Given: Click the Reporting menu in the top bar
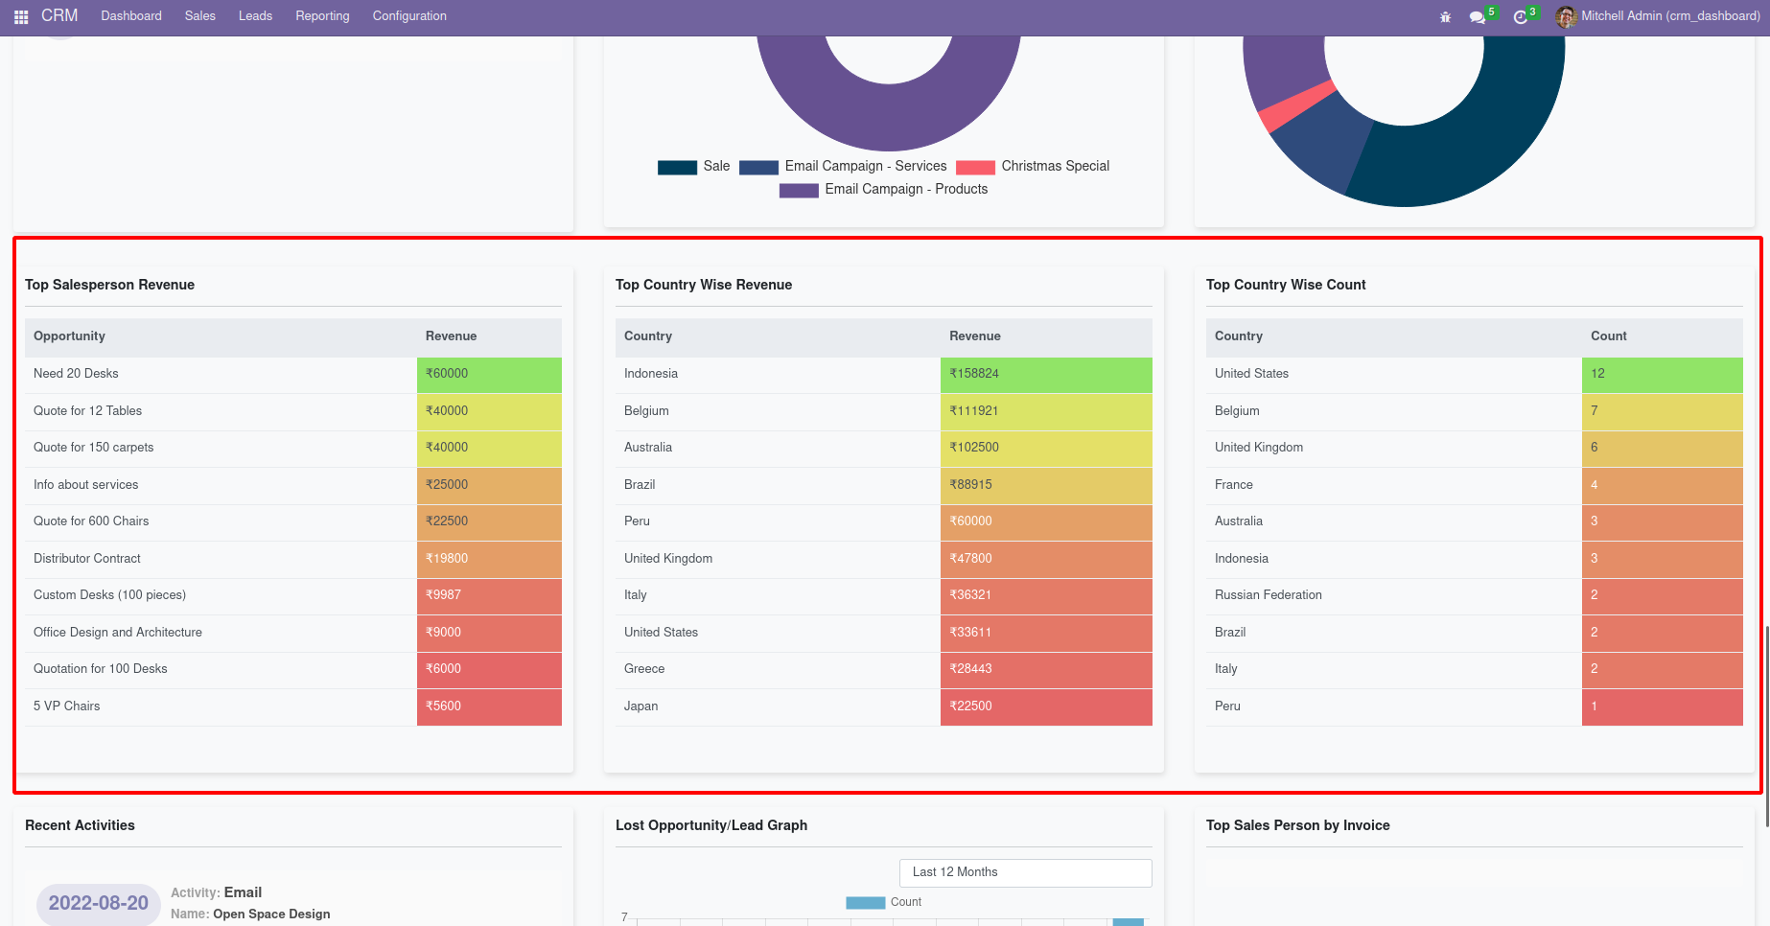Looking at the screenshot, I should pyautogui.click(x=322, y=16).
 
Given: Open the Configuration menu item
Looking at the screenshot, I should pyautogui.click(x=409, y=16).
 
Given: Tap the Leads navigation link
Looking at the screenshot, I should pyautogui.click(x=255, y=16).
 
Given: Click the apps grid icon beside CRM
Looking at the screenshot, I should pyautogui.click(x=21, y=17).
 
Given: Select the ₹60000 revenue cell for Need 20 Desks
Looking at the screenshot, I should pyautogui.click(x=488, y=374).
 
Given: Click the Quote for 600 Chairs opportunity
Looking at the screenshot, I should pyautogui.click(x=91, y=521).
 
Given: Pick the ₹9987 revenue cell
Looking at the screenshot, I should pyautogui.click(x=488, y=595).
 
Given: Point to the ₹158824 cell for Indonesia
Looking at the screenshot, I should pyautogui.click(x=1045, y=374).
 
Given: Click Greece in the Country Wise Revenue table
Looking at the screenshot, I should pyautogui.click(x=644, y=669).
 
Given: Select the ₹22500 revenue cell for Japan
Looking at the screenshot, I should pyautogui.click(x=1045, y=706).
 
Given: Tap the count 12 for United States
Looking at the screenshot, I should pyautogui.click(x=1661, y=374).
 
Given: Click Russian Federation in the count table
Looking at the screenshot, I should pyautogui.click(x=1268, y=595).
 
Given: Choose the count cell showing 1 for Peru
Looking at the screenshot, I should pyautogui.click(x=1661, y=706).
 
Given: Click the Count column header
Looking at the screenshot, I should pyautogui.click(x=1608, y=336).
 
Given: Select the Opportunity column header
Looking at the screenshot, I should pyautogui.click(x=69, y=336).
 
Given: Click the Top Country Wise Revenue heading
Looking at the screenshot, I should pyautogui.click(x=704, y=285).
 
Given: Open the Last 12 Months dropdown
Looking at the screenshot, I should pyautogui.click(x=1025, y=872).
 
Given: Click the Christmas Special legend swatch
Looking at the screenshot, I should pyautogui.click(x=975, y=167).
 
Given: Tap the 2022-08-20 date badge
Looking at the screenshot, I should pyautogui.click(x=98, y=903).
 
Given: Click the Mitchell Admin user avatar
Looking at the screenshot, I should pyautogui.click(x=1566, y=16).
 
